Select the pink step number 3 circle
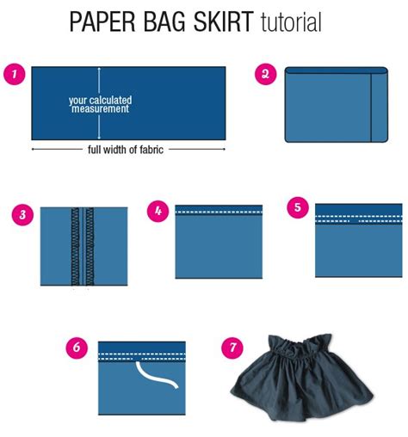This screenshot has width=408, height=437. point(22,214)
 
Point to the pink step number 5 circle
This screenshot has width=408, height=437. point(296,207)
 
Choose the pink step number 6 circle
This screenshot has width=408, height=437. point(77,348)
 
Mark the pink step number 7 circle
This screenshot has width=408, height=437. point(230,348)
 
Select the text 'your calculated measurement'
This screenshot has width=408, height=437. point(100,105)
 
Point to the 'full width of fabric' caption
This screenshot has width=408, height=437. point(126,149)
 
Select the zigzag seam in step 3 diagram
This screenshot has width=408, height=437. point(84,245)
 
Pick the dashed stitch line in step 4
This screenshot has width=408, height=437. point(219,211)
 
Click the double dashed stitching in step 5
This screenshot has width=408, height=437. point(358,218)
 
